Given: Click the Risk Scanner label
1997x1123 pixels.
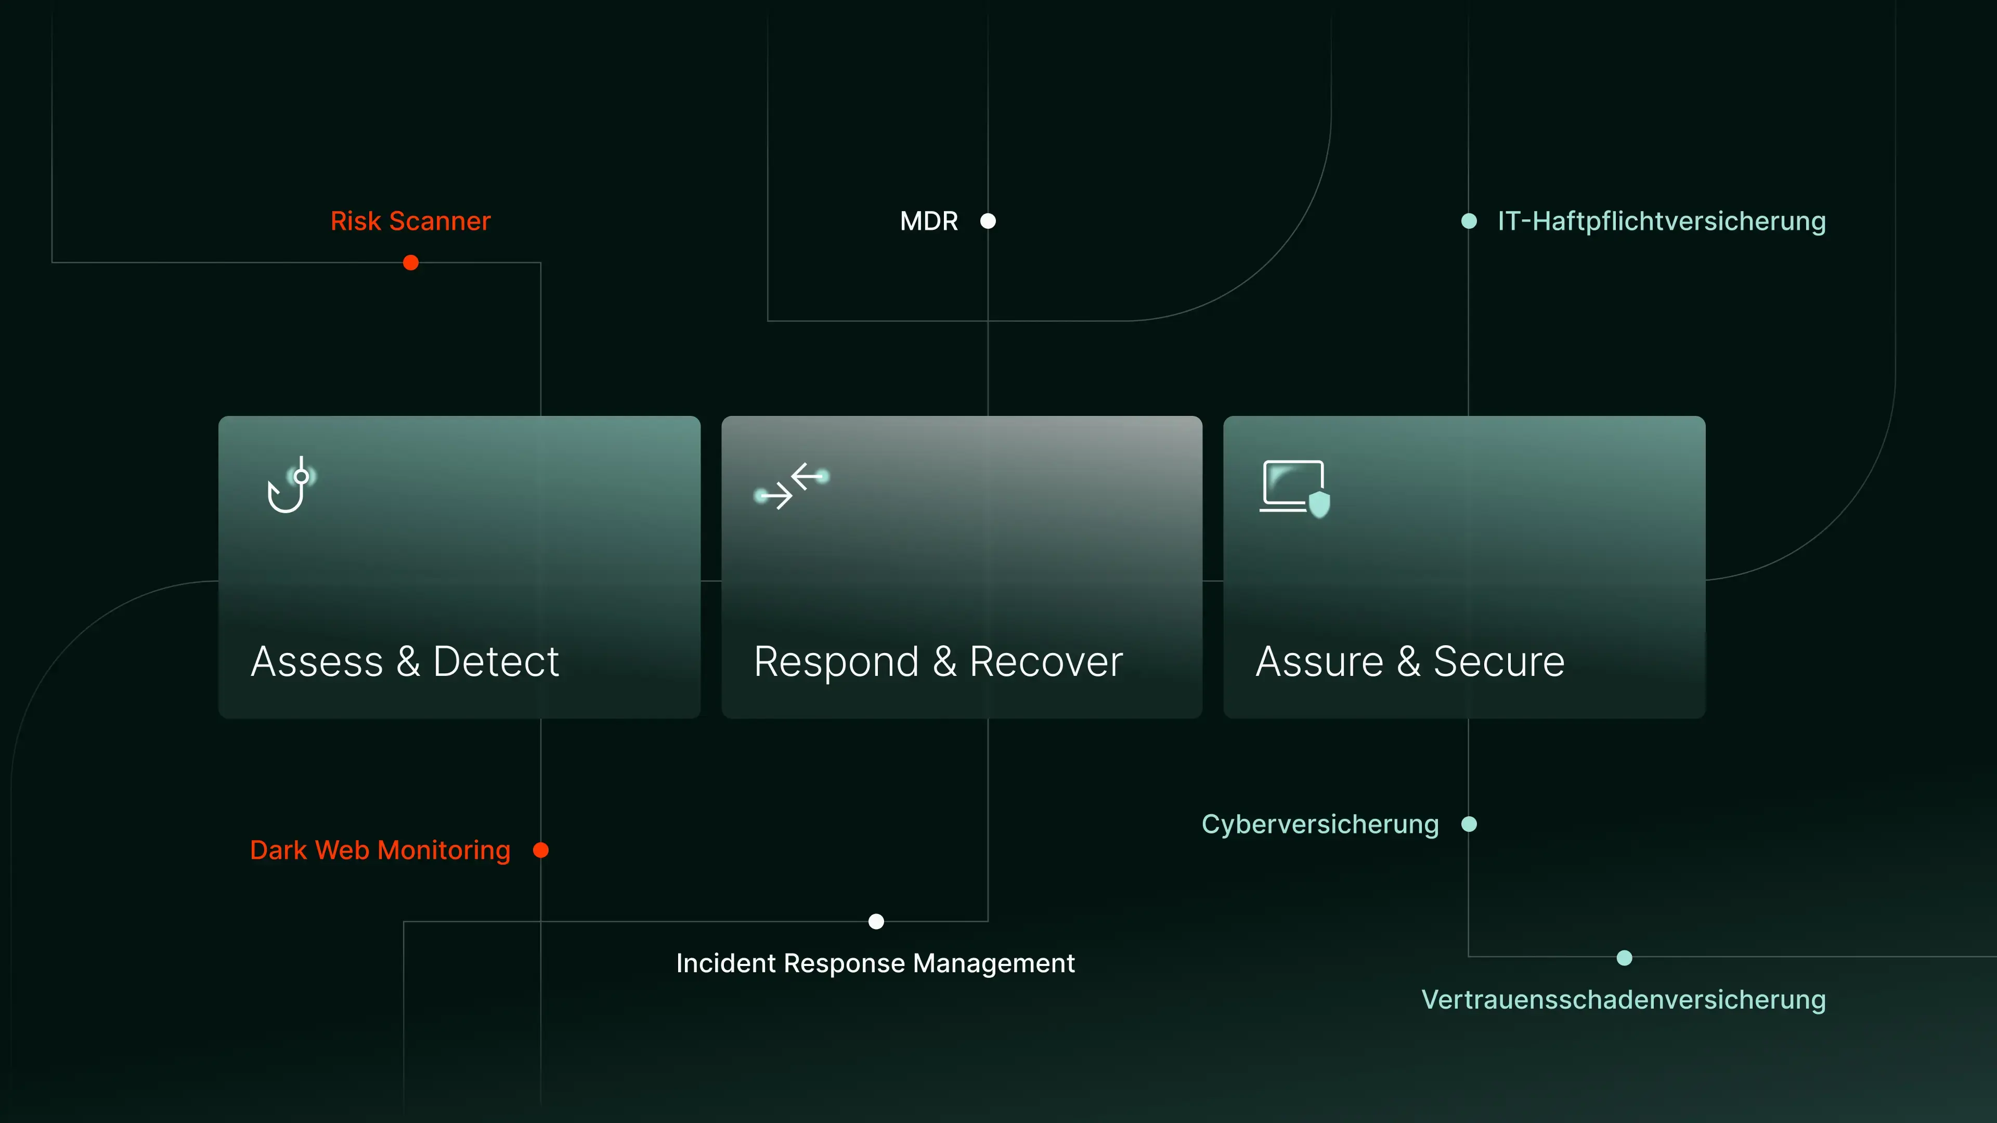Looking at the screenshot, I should pyautogui.click(x=410, y=221).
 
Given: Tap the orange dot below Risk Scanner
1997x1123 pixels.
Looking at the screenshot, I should pyautogui.click(x=411, y=263).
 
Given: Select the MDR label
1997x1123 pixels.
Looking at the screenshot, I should pyautogui.click(x=929, y=221).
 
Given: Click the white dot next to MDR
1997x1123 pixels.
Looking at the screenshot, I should pyautogui.click(x=988, y=221).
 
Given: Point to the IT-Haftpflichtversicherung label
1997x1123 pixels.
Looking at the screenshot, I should pyautogui.click(x=1662, y=221).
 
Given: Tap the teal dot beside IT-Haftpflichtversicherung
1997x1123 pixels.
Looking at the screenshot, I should pyautogui.click(x=1468, y=221).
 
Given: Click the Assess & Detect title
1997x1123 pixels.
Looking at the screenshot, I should pyautogui.click(x=405, y=661).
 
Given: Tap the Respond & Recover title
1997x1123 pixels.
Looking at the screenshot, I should pyautogui.click(x=938, y=661).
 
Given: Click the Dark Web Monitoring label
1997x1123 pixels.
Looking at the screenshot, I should pyautogui.click(x=380, y=850).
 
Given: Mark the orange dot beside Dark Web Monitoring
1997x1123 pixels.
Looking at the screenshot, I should pyautogui.click(x=541, y=850).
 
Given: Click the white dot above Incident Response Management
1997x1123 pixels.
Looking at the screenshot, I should pyautogui.click(x=876, y=921).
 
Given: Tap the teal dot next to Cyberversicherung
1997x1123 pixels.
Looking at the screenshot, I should pyautogui.click(x=1468, y=824).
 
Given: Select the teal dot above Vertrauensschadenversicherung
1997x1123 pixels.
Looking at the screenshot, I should pyautogui.click(x=1624, y=958).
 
